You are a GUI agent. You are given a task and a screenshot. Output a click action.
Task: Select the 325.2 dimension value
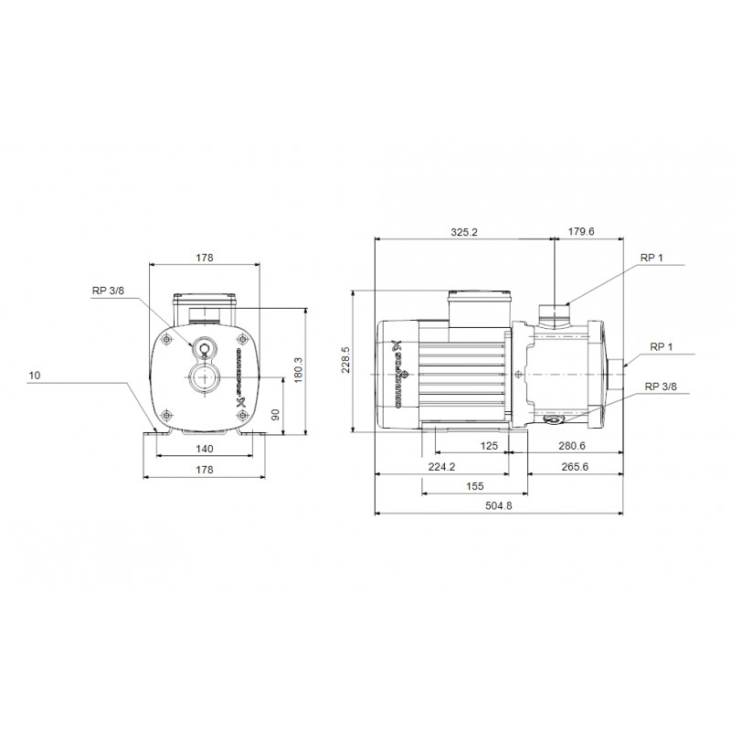[x=464, y=232]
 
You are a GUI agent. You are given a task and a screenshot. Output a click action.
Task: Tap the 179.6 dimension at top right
[x=580, y=232]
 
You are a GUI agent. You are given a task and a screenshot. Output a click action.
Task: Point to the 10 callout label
[x=34, y=376]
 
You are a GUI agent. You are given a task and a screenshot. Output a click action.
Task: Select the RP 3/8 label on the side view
[x=661, y=387]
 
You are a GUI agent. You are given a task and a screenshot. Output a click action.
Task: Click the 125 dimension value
[x=489, y=446]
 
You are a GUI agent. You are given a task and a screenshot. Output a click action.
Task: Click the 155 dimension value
[x=474, y=487]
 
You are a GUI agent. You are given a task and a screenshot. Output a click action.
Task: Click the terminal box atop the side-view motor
[x=478, y=304]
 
